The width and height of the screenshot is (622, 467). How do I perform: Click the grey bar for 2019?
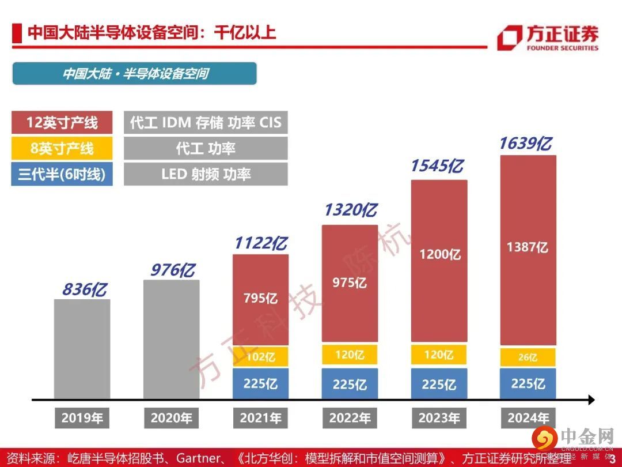click(x=82, y=349)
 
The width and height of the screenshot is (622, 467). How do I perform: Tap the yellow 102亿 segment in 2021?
click(x=261, y=357)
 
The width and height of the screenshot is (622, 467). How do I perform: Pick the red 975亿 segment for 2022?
click(x=350, y=283)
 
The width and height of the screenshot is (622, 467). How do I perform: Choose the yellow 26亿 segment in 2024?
click(x=528, y=357)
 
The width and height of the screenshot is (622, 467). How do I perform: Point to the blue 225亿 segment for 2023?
click(x=439, y=384)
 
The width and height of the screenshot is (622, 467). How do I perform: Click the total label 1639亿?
click(x=525, y=144)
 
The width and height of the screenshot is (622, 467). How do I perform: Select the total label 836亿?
click(x=85, y=289)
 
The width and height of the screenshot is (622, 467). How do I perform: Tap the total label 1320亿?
click(x=350, y=210)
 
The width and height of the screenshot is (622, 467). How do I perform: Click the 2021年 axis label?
click(x=260, y=418)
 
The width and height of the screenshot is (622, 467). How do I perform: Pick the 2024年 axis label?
click(x=528, y=418)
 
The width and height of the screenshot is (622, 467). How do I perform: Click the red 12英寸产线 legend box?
click(x=62, y=122)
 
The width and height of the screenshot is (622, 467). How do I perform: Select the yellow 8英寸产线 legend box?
click(x=62, y=148)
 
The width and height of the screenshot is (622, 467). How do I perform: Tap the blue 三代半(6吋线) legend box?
click(x=62, y=174)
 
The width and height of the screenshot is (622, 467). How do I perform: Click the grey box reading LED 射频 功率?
click(x=206, y=174)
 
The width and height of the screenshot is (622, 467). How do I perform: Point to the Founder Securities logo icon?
click(x=509, y=38)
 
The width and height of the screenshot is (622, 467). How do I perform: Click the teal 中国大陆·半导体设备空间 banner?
click(x=135, y=74)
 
